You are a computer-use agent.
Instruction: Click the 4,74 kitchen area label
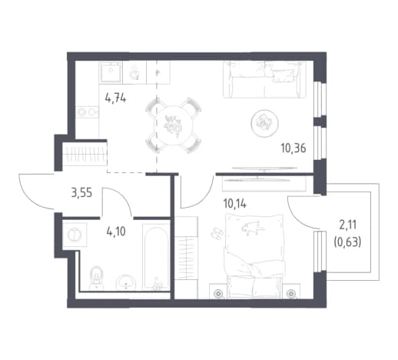115,98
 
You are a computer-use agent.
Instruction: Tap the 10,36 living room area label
294,148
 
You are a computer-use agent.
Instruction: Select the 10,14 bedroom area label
234,204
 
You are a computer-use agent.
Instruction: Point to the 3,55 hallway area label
81,192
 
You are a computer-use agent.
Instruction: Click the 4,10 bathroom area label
116,232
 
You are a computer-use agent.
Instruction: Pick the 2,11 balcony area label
348,225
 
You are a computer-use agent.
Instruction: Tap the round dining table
173,125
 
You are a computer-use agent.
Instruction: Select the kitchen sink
111,72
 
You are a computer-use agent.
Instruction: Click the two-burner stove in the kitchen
88,112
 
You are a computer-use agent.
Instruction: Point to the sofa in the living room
264,79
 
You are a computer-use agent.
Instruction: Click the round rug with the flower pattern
264,123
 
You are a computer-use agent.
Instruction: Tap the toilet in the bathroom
96,277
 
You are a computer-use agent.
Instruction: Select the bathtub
156,257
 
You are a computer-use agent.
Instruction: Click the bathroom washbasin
126,282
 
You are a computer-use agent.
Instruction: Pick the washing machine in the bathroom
75,235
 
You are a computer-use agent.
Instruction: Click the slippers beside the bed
217,233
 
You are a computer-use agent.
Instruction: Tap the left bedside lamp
218,292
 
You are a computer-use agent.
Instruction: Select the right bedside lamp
290,292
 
